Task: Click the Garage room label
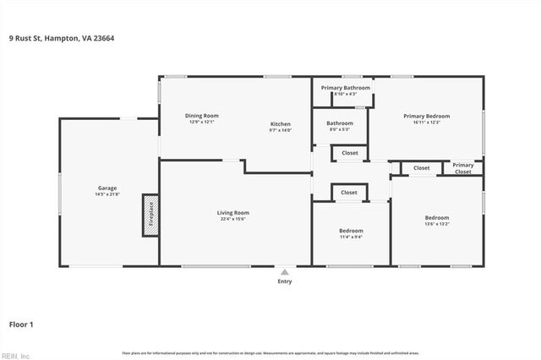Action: coord(107,188)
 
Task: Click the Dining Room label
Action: coord(202,116)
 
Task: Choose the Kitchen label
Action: coord(280,124)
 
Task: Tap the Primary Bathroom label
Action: coord(345,88)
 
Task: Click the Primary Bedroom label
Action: coord(426,116)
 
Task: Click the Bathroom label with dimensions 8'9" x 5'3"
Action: coord(340,123)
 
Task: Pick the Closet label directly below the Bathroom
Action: coord(349,153)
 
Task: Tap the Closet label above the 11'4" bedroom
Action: coord(349,193)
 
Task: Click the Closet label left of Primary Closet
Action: coord(421,168)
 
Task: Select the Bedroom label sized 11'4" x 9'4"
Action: coord(351,231)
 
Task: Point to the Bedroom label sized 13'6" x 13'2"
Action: coord(436,218)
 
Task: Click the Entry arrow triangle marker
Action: coord(285,272)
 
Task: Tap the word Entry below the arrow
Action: coord(285,281)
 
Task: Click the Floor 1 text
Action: coord(21,324)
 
